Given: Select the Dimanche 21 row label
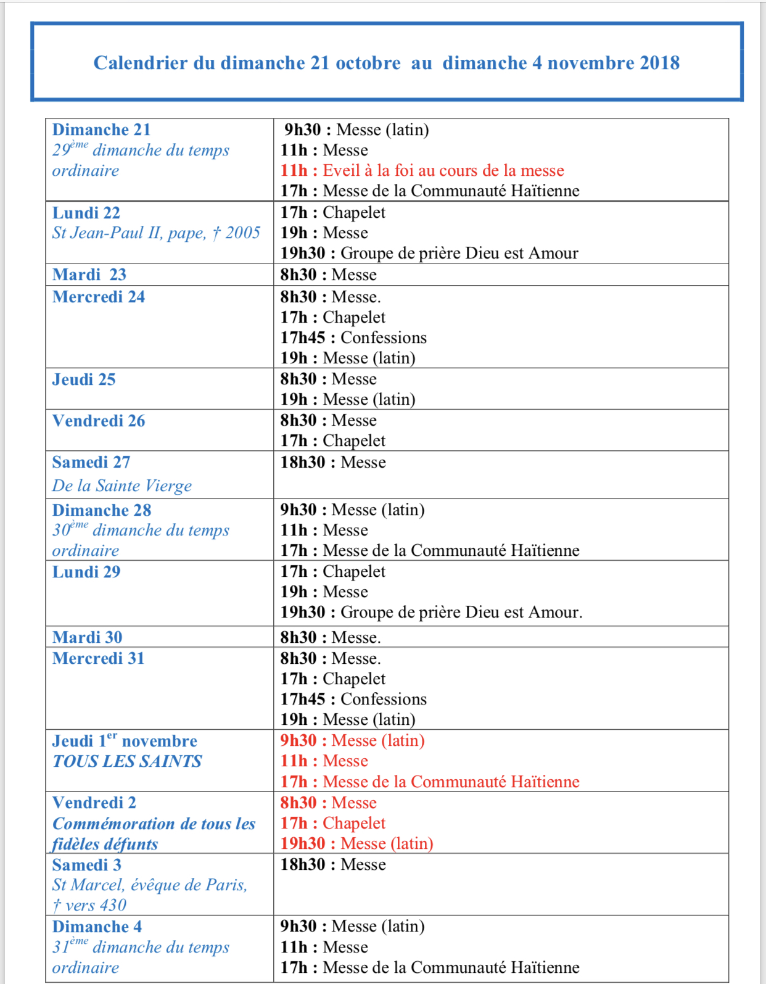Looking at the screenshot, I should tap(101, 130).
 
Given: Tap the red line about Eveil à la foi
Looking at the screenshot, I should tap(422, 170).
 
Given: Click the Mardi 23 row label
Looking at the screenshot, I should tap(89, 275).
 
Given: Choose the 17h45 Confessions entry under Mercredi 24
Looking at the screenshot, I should tap(353, 337).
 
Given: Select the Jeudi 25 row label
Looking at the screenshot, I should tap(83, 379).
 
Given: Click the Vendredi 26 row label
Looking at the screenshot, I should tap(98, 421).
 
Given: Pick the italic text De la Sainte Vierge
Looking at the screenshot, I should tap(121, 486).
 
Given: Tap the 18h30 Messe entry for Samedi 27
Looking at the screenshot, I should tap(333, 462).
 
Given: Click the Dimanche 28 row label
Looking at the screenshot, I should tap(101, 510).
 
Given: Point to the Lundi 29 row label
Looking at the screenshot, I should tap(86, 572).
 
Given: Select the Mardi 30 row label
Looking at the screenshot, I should tap(87, 637).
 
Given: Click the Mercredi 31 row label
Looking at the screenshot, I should tap(98, 658).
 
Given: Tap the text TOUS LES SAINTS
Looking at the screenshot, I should tap(126, 761).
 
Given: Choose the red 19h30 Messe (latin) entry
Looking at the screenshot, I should tap(356, 843).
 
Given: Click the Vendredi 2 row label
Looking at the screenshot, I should tap(94, 803).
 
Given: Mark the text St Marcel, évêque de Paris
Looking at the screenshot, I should tap(149, 885).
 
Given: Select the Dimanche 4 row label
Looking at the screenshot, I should tap(97, 927).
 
